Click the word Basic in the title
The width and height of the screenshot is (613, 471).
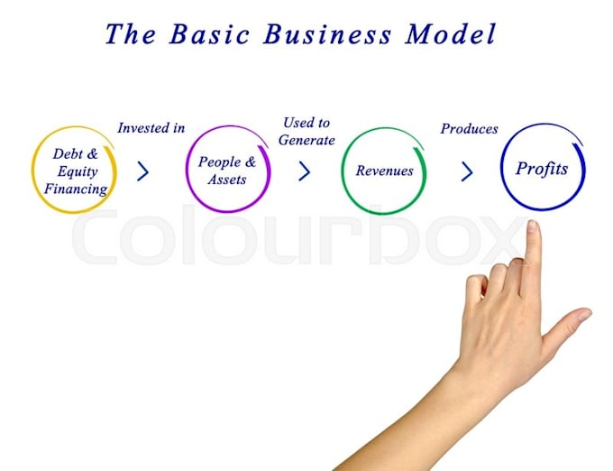(209, 33)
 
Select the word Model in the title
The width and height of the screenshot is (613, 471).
(451, 33)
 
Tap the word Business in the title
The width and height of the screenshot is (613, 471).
(327, 33)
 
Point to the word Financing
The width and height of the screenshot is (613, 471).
(76, 189)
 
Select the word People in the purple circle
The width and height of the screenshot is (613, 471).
(220, 162)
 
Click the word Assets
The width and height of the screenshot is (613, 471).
(227, 180)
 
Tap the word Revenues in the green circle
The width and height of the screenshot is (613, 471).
(384, 171)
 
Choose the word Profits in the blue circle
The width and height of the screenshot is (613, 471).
(542, 169)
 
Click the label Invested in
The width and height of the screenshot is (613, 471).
(151, 128)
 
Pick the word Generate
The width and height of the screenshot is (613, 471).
(306, 140)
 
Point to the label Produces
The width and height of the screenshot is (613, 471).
(469, 129)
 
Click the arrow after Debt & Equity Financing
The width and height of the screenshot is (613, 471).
(143, 171)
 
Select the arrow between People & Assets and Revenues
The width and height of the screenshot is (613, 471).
(305, 171)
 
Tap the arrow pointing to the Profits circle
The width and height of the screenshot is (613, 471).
(467, 171)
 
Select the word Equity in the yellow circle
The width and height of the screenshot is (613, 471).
(78, 171)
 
